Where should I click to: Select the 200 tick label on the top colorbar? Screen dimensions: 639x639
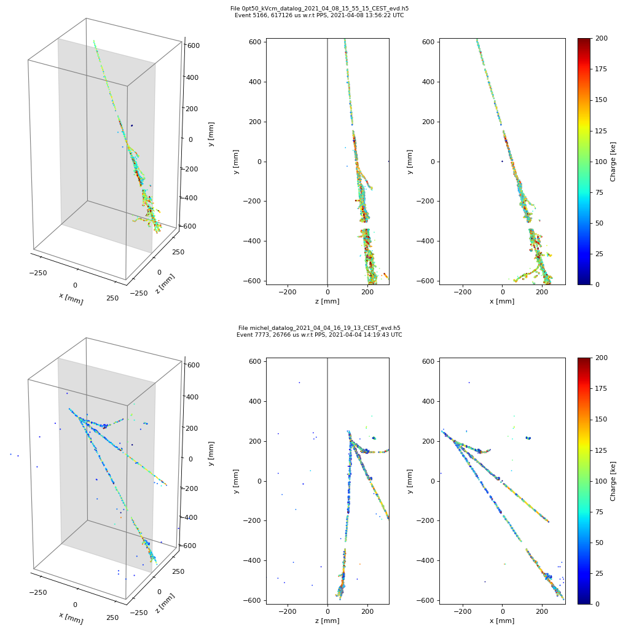[601, 38]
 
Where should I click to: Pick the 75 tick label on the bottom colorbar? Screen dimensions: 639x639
[599, 512]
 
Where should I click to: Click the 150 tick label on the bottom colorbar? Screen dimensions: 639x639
[601, 419]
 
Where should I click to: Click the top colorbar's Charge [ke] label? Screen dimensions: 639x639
[613, 162]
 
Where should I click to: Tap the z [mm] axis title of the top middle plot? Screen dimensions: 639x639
[327, 301]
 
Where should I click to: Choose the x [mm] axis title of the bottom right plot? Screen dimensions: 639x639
[502, 621]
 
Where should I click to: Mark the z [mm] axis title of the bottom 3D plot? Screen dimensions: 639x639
[165, 603]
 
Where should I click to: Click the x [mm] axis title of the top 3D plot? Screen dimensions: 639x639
[71, 299]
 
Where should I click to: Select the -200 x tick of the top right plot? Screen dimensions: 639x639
[463, 292]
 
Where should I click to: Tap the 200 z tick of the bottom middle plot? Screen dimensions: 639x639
[367, 611]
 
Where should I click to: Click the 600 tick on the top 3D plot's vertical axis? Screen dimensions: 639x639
[194, 45]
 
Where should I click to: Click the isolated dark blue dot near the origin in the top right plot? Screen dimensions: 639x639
[502, 162]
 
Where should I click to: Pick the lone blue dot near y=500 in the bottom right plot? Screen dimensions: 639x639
[469, 382]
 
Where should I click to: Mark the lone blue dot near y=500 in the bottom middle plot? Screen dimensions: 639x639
[299, 382]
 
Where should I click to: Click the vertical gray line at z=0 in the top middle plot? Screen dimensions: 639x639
[327, 162]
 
